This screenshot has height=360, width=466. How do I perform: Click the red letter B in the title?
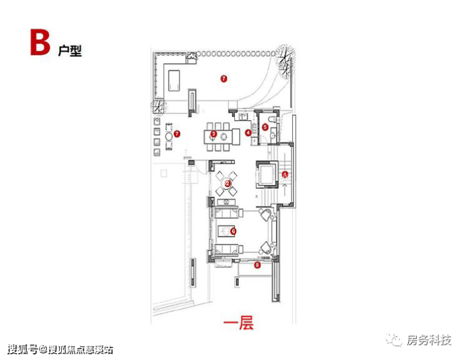click(x=38, y=43)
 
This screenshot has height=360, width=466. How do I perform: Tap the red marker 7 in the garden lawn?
click(x=223, y=79)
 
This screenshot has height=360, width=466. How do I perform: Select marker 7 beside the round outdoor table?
click(x=178, y=133)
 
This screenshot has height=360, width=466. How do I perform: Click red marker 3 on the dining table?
click(x=213, y=134)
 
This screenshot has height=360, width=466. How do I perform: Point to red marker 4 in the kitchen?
click(x=248, y=133)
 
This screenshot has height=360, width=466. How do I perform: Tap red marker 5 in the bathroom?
click(x=265, y=127)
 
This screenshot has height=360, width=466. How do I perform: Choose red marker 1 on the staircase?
click(x=285, y=174)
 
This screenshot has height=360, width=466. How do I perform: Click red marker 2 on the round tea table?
click(x=228, y=183)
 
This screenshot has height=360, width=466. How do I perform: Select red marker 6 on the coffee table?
click(x=233, y=231)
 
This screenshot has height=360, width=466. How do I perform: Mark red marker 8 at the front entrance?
click(x=257, y=266)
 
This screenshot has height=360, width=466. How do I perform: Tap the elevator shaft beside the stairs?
click(x=266, y=174)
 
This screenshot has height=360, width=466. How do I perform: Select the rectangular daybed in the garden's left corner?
click(x=174, y=79)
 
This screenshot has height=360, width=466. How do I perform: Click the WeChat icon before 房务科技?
click(x=397, y=340)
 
